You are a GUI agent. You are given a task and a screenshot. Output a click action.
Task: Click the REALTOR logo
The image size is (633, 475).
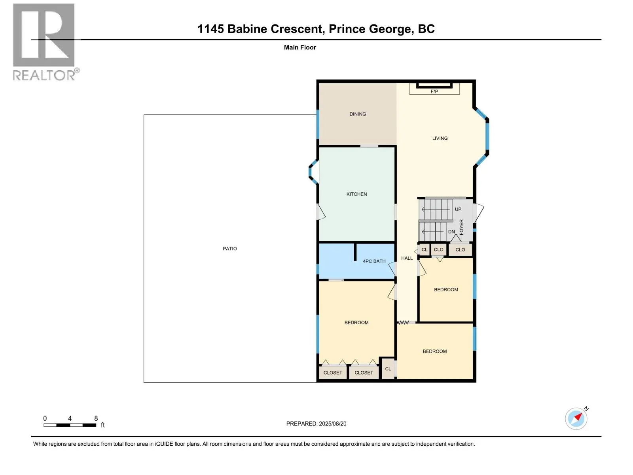[44, 42]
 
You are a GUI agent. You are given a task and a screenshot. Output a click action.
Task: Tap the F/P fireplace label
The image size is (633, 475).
[434, 91]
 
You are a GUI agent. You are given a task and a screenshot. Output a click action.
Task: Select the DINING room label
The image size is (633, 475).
[357, 114]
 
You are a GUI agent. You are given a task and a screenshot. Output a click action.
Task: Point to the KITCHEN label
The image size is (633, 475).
[356, 194]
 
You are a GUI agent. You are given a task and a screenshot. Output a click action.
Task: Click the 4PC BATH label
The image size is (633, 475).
[374, 261]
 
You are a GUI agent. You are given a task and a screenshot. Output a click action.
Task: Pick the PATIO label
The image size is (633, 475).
[229, 249]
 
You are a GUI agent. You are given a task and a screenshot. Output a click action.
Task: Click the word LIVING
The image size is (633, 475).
[440, 139]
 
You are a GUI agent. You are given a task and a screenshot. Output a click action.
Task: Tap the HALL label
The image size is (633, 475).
[407, 258]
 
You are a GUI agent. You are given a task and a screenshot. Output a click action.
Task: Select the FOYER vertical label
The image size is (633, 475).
[461, 227]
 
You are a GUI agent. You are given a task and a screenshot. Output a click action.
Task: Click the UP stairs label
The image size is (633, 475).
[458, 209]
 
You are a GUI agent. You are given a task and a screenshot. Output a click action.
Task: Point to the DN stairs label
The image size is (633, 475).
[451, 232]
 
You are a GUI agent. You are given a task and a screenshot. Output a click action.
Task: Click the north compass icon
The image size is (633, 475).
[576, 418]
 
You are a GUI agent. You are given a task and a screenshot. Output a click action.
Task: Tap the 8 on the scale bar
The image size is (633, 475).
[96, 418]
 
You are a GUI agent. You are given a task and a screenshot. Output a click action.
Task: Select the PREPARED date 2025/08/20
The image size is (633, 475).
[332, 424]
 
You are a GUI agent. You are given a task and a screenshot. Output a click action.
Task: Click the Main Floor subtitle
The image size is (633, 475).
[300, 47]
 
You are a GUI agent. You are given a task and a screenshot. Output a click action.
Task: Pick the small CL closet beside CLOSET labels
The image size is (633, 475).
[388, 369]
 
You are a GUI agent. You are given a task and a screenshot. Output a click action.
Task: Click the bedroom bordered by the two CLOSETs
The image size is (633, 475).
[356, 323]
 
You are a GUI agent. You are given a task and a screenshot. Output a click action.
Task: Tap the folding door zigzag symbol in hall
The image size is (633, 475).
[404, 323]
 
